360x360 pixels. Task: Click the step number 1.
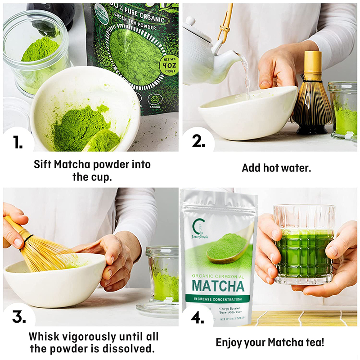[17, 142]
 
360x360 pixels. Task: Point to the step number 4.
[198, 317]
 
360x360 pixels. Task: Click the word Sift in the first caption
[43, 164]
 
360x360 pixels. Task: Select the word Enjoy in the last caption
[231, 342]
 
